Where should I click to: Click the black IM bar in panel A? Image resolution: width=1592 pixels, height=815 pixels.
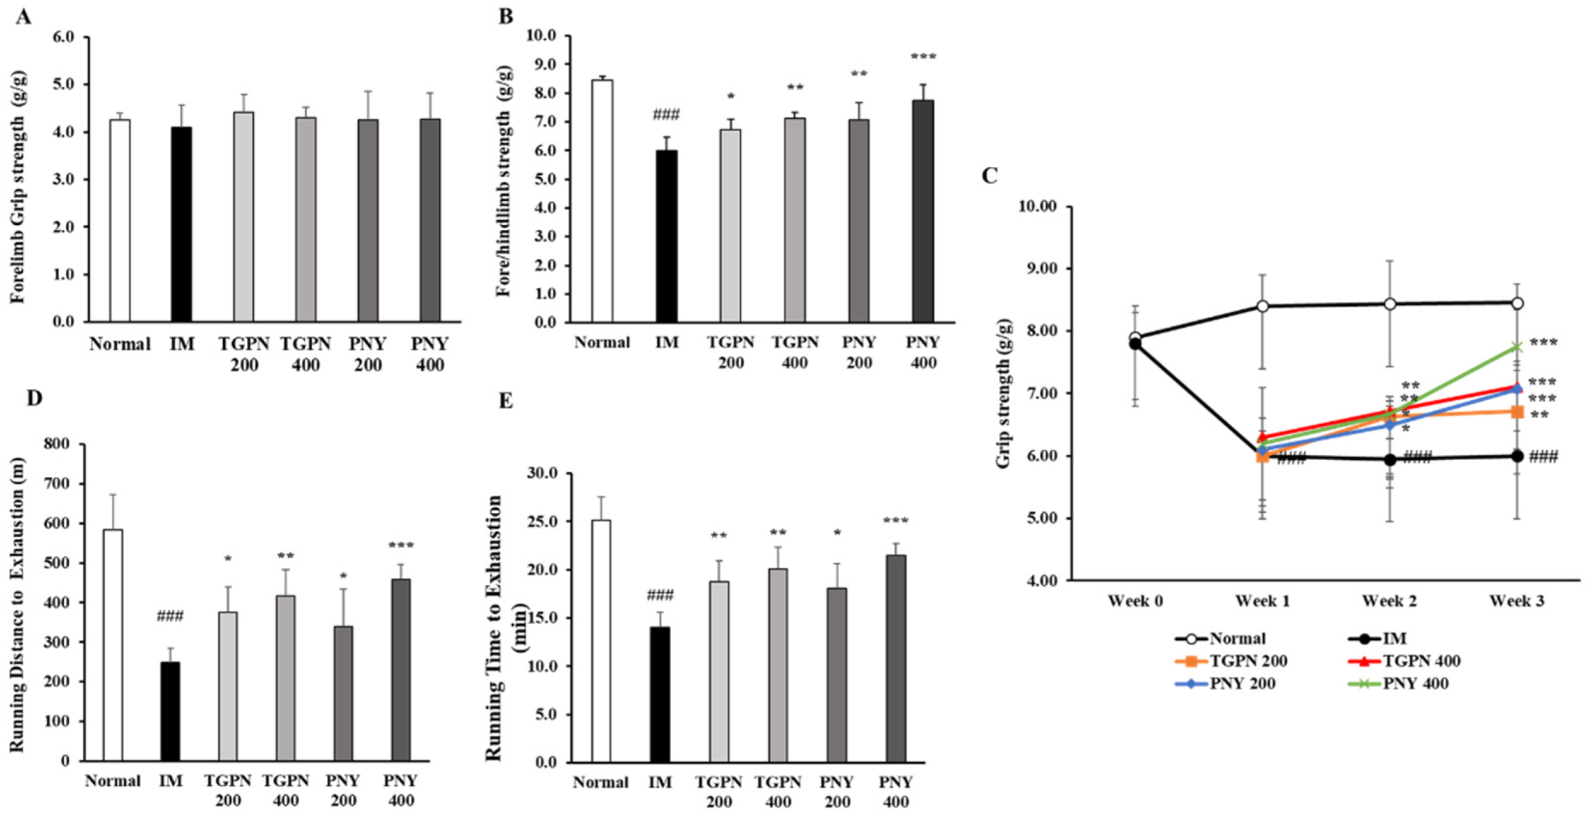coord(182,224)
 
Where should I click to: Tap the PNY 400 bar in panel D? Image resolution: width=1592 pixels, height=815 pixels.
coord(401,669)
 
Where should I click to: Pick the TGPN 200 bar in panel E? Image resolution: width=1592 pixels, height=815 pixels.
coord(719,671)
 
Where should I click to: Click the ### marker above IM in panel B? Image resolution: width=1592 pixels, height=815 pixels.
coord(666,115)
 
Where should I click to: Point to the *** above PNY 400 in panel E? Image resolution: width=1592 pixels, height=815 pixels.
coord(895,521)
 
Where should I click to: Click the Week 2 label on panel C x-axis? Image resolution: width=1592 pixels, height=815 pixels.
coord(1389,601)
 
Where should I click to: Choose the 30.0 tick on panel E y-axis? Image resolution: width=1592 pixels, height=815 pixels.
coord(542,473)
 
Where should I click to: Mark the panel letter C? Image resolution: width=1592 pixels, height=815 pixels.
coord(989,176)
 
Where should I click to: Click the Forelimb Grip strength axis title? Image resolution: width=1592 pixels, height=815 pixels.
coord(18,186)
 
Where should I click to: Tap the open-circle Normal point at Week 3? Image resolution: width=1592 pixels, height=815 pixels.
coord(1517,303)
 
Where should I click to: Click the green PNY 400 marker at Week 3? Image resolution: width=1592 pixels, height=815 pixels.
coord(1517,348)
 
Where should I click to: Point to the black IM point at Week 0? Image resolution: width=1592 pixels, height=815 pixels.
coord(1135,343)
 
